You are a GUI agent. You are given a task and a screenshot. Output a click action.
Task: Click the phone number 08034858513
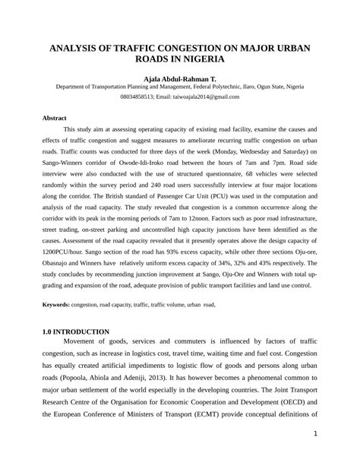141,97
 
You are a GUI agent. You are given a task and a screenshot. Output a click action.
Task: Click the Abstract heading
55,118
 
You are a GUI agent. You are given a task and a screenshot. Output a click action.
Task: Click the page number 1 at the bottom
314,434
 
